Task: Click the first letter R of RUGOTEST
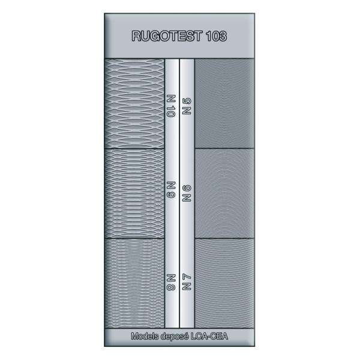coord(135,36)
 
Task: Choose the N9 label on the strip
coord(172,191)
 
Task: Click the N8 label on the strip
coord(172,281)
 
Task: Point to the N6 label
coord(187,193)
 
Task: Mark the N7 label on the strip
coord(187,281)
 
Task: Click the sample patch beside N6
coord(225,192)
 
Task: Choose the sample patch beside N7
coord(225,282)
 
